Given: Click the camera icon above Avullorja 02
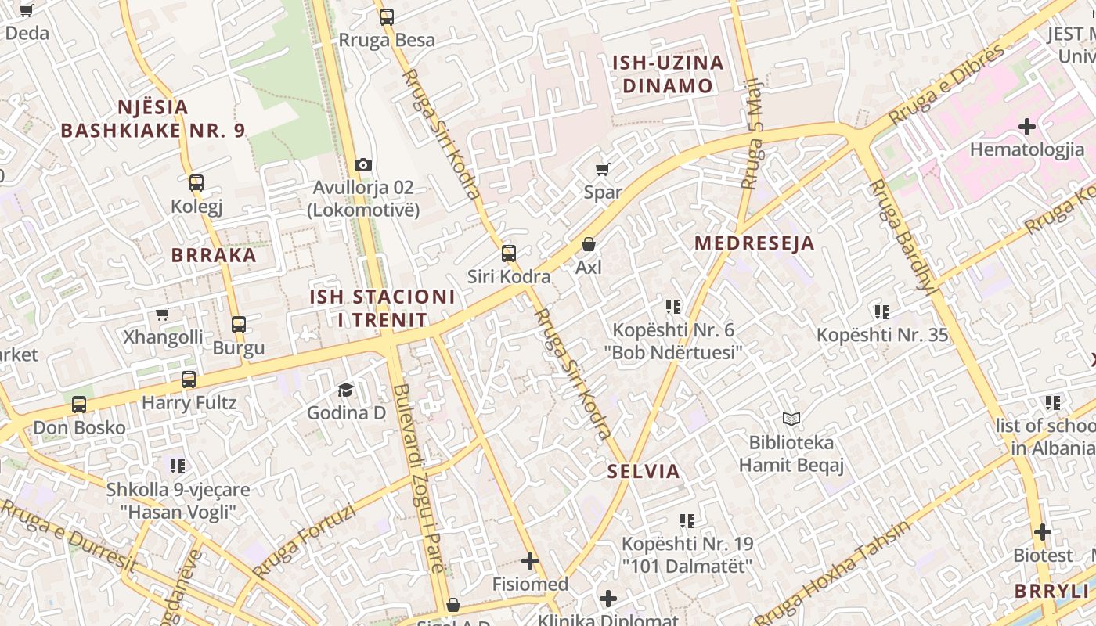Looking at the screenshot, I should coord(362,164).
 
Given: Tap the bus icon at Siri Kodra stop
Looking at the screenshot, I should coord(509,253).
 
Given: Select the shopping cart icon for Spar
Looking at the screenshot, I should coord(602,169).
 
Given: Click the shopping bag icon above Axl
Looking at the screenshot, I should coord(589,244).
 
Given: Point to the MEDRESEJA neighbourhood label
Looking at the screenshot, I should coord(755,243).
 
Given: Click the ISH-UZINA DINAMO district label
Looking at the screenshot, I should coord(668,74).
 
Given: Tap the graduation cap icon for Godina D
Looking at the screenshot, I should coord(345,389).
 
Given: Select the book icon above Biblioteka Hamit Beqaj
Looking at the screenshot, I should coord(791,419).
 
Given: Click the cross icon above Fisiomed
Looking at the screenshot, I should coord(530,561).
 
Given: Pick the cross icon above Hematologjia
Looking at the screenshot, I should coord(1027,126).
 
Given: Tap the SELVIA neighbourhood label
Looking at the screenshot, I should coord(644,472).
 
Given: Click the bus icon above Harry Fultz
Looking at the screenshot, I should coord(189,380).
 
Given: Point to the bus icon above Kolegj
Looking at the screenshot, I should coord(196,183).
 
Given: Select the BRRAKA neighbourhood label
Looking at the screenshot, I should coord(214,255).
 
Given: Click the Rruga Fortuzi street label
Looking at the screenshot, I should coord(304,541).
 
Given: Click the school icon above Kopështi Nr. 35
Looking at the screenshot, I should coord(882,312).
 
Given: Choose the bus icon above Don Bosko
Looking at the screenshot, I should coord(79,405).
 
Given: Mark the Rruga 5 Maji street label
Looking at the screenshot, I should coord(752,133).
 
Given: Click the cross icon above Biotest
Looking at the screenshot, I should coord(1042,532).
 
